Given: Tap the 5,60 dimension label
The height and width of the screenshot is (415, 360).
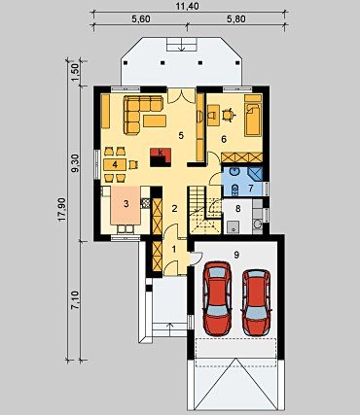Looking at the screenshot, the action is coord(141,19).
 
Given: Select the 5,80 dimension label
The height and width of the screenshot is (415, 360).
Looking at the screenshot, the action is coord(236,19).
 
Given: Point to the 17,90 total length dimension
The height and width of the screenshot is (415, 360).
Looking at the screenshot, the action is coord(62,210).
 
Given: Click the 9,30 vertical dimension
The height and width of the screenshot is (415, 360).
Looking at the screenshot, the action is coord(75,163).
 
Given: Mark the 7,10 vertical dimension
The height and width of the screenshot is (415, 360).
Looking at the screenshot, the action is coord(75,300).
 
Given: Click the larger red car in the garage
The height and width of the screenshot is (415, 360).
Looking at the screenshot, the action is coord(217,298).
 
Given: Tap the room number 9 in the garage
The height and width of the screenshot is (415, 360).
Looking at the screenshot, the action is coord(236,255).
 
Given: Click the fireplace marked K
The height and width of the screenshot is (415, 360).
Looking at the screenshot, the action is coord(161,157).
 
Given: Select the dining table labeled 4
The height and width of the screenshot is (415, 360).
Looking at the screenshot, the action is coord(115,164).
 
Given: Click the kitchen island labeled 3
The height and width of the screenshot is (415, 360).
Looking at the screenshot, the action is coord(126,205).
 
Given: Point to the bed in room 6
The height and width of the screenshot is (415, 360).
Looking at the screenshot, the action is coord(253,120).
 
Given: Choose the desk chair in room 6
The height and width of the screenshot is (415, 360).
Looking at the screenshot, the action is coord(229,115).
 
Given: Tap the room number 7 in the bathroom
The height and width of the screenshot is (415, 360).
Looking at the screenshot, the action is coord(250,188).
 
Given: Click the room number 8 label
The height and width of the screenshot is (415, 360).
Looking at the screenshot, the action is coord(238,209).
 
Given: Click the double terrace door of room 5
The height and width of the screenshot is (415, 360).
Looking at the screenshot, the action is coord(182,95).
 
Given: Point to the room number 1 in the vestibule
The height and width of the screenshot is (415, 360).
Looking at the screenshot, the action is coord(174,250).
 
